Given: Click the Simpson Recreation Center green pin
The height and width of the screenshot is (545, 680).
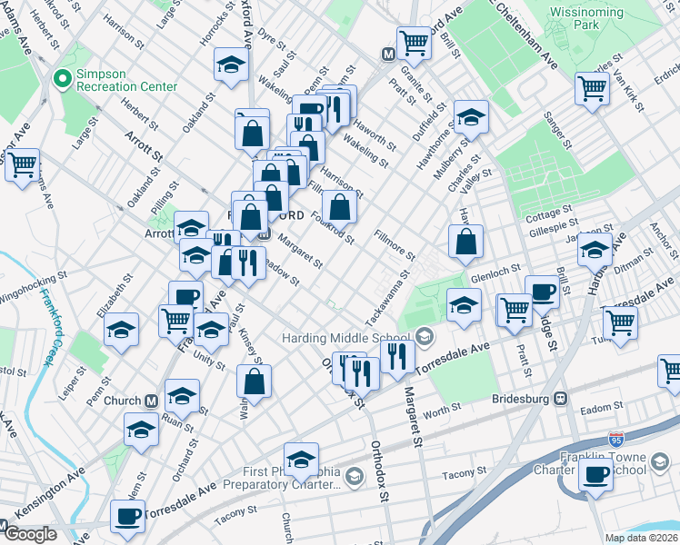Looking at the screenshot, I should coord(64,79).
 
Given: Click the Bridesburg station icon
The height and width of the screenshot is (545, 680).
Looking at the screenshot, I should coord(561,398).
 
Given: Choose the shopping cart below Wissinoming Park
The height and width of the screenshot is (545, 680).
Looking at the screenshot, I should coord(592,89).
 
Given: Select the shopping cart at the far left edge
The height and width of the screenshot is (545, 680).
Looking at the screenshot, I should coord(23,165).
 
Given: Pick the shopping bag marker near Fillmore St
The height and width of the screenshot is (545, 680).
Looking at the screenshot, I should coord(465,242).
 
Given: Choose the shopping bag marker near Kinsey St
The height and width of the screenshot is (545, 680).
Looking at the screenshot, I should coord(254,381).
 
